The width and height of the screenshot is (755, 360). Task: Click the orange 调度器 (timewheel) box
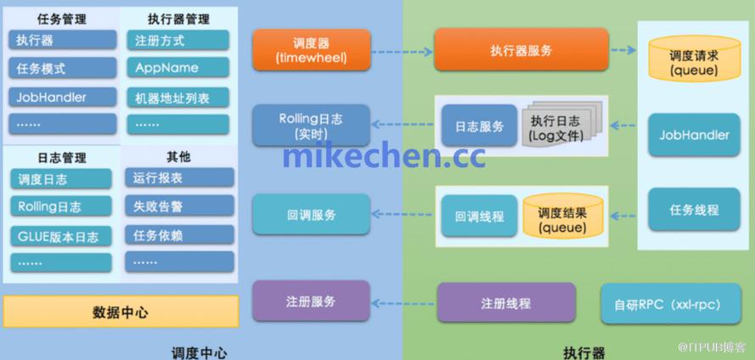tap(312, 50)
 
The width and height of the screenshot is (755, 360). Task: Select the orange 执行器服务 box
tap(521, 49)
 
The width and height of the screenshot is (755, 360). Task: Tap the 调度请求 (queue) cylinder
tap(694, 58)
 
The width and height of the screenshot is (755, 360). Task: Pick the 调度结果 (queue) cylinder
tap(563, 217)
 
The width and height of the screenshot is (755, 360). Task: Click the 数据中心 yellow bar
tap(121, 312)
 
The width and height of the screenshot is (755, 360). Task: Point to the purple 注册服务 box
tap(311, 301)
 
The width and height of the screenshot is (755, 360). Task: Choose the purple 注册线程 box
tap(506, 303)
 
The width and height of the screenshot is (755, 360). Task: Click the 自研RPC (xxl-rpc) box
tap(671, 304)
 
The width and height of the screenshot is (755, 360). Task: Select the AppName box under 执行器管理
tap(178, 68)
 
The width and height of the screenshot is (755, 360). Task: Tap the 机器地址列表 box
tap(178, 98)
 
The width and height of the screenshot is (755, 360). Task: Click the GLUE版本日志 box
tap(61, 236)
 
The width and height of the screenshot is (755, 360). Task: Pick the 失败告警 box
tap(179, 206)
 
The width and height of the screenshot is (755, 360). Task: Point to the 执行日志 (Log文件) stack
tap(561, 124)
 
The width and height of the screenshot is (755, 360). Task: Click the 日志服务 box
tap(479, 126)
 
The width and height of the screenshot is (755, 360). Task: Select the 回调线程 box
tap(479, 216)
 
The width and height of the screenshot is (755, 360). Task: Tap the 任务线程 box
tap(694, 210)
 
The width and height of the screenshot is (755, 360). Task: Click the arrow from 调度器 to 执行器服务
tap(402, 52)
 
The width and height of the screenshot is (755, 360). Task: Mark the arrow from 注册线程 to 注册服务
tap(403, 304)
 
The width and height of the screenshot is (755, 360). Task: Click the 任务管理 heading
tap(62, 20)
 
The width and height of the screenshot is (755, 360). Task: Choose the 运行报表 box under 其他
tap(179, 177)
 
